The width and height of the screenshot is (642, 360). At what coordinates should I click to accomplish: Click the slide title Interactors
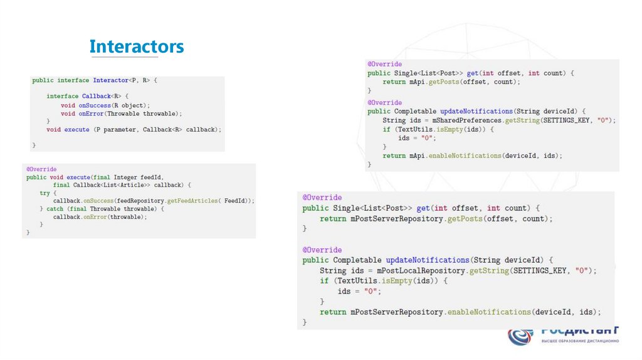tap(136, 47)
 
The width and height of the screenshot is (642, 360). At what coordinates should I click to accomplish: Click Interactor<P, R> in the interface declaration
tap(122, 80)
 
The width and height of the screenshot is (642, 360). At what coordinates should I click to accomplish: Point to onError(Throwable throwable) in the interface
tap(130, 114)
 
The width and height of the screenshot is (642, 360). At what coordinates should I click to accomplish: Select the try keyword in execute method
tap(44, 193)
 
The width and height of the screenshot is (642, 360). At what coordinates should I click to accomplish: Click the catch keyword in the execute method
tap(55, 209)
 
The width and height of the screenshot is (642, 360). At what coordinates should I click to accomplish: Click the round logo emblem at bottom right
tap(520, 336)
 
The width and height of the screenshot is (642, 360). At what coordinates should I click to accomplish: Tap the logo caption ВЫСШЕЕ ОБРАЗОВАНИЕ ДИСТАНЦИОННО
tap(580, 341)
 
